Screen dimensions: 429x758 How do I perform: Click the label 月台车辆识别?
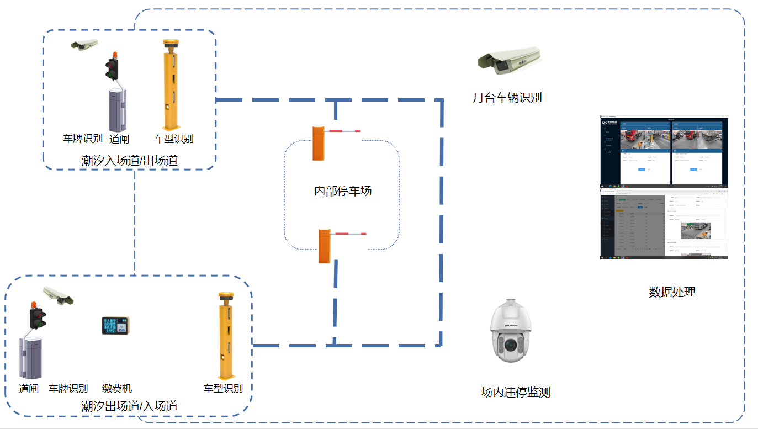coord(507,98)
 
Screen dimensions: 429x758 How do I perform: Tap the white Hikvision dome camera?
coord(511,331)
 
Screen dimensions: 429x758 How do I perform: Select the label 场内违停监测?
coord(515,393)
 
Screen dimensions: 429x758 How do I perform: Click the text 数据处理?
coord(672,292)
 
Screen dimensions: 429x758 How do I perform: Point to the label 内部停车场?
coord(343,191)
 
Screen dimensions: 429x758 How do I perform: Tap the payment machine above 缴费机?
coord(115,326)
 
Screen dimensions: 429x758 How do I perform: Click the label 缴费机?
coord(117,388)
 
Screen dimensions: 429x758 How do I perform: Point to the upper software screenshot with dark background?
coord(664,151)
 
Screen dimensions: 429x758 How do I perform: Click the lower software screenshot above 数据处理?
coord(664,223)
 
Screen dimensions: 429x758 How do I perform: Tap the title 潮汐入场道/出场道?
coord(129,160)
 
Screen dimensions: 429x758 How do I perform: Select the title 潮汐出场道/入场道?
coord(129,406)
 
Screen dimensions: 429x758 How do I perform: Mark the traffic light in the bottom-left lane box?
coord(38,316)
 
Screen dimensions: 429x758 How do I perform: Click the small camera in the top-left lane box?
coord(84,45)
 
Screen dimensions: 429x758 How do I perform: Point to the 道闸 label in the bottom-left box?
coord(29,388)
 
